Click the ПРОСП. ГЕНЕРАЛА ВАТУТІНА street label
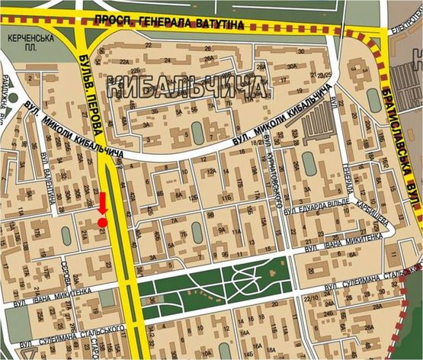179,24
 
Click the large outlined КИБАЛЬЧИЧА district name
186,85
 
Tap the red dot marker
102,222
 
